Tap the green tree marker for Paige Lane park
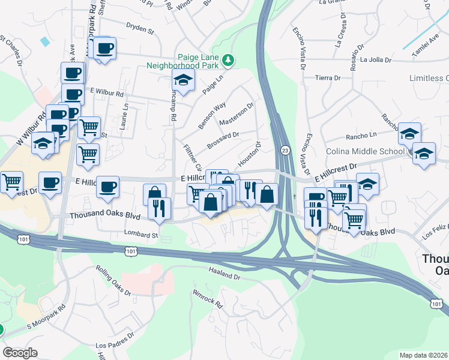pyautogui.click(x=228, y=60)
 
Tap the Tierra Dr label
pyautogui.click(x=328, y=77)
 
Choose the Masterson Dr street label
pyautogui.click(x=237, y=114)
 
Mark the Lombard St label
pyautogui.click(x=140, y=233)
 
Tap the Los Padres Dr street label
pyautogui.click(x=112, y=346)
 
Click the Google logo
pyautogui.click(x=20, y=352)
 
